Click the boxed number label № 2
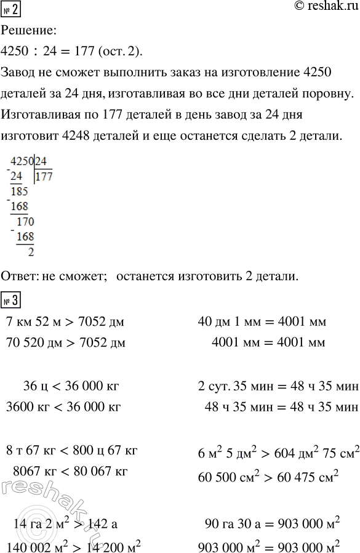click(11, 10)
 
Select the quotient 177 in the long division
click(44, 178)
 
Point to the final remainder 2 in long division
click(31, 251)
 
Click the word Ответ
click(18, 277)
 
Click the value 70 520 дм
click(31, 343)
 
